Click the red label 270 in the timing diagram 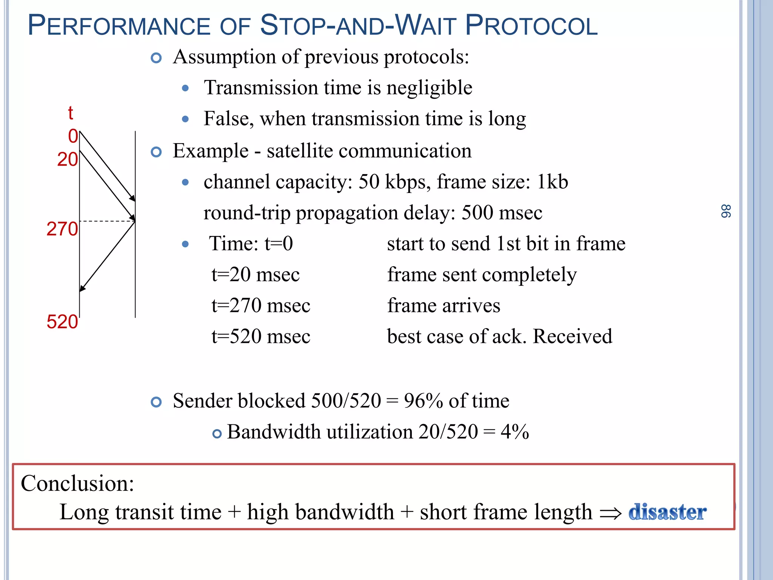pyautogui.click(x=62, y=229)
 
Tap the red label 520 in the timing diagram pyautogui.click(x=62, y=322)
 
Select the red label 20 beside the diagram pyautogui.click(x=67, y=159)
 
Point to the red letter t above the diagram pyautogui.click(x=70, y=113)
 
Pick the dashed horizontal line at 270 pyautogui.click(x=107, y=221)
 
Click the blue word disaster pyautogui.click(x=667, y=512)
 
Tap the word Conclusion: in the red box pyautogui.click(x=77, y=483)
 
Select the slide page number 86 pyautogui.click(x=725, y=211)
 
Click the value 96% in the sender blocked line pyautogui.click(x=423, y=401)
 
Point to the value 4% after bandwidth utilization pyautogui.click(x=514, y=432)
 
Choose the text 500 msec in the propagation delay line pyautogui.click(x=502, y=213)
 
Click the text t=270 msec pyautogui.click(x=261, y=305)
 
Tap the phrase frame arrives pyautogui.click(x=443, y=305)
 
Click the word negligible pyautogui.click(x=429, y=88)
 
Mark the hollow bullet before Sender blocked pyautogui.click(x=156, y=402)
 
